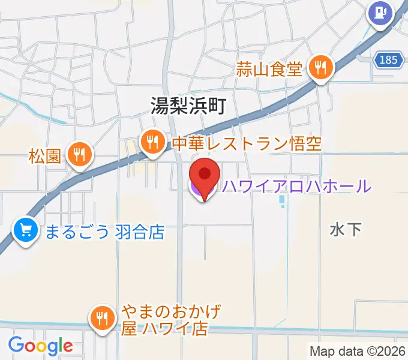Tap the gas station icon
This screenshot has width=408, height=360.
[x=380, y=13]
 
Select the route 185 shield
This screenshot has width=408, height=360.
[x=388, y=59]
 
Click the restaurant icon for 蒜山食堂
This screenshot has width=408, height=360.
[x=321, y=68]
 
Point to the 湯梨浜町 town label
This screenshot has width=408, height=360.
[x=188, y=107]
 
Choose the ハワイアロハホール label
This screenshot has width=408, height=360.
[x=296, y=187]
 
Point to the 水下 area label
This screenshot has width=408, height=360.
[x=346, y=229]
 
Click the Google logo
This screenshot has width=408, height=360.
[x=40, y=346]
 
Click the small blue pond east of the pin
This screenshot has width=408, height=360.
[x=283, y=203]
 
